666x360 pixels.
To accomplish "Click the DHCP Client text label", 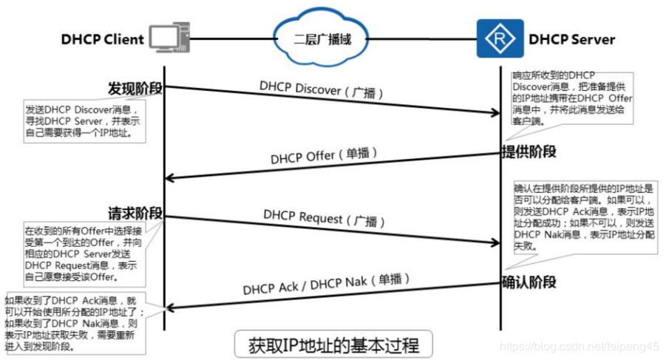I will [x=102, y=39].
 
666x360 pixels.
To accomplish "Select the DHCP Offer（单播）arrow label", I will [x=324, y=156].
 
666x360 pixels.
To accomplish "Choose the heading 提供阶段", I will [x=529, y=152].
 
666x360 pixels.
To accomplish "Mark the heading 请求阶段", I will [x=136, y=214].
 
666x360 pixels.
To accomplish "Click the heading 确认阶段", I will [x=529, y=282].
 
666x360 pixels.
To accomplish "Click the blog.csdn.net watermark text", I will [x=579, y=346].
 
